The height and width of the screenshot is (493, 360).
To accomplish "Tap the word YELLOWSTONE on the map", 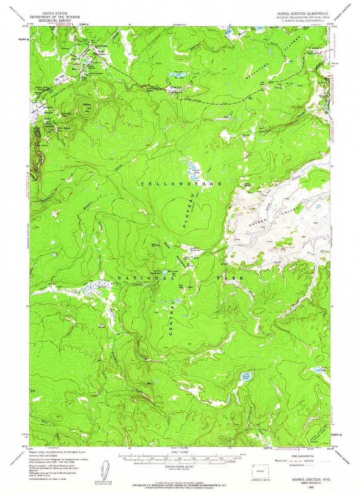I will click(x=181, y=184).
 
